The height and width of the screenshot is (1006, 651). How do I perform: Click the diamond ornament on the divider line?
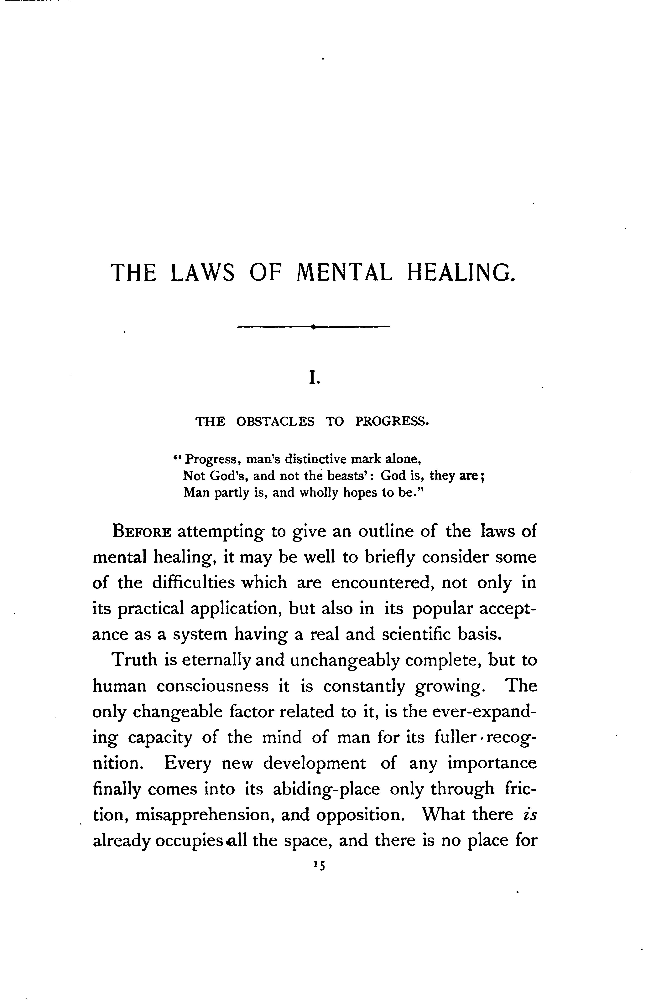tap(313, 326)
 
